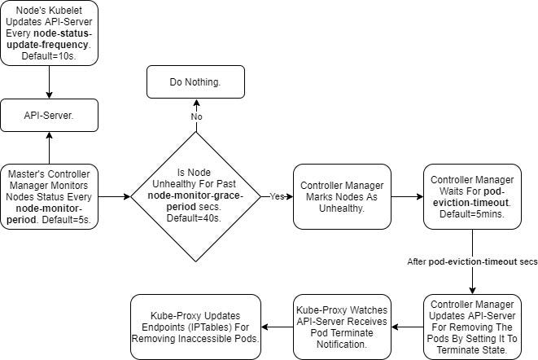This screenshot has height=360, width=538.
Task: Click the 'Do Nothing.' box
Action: (195, 83)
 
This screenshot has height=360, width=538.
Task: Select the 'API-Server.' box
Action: (50, 116)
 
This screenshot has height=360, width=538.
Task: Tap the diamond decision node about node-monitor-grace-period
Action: (195, 196)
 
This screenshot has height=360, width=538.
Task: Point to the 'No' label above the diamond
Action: (195, 116)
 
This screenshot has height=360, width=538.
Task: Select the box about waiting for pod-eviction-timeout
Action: (472, 196)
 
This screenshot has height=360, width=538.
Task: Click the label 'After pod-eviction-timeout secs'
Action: (472, 261)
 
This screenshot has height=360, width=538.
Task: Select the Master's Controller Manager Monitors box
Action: (50, 196)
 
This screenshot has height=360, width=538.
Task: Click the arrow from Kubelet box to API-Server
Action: (50, 82)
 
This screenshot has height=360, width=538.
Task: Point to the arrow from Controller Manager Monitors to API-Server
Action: (50, 148)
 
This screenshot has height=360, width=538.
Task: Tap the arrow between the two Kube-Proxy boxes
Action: (277, 327)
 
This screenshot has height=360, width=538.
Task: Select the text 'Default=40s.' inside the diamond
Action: (195, 218)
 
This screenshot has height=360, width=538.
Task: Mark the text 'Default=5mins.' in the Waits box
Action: (472, 213)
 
